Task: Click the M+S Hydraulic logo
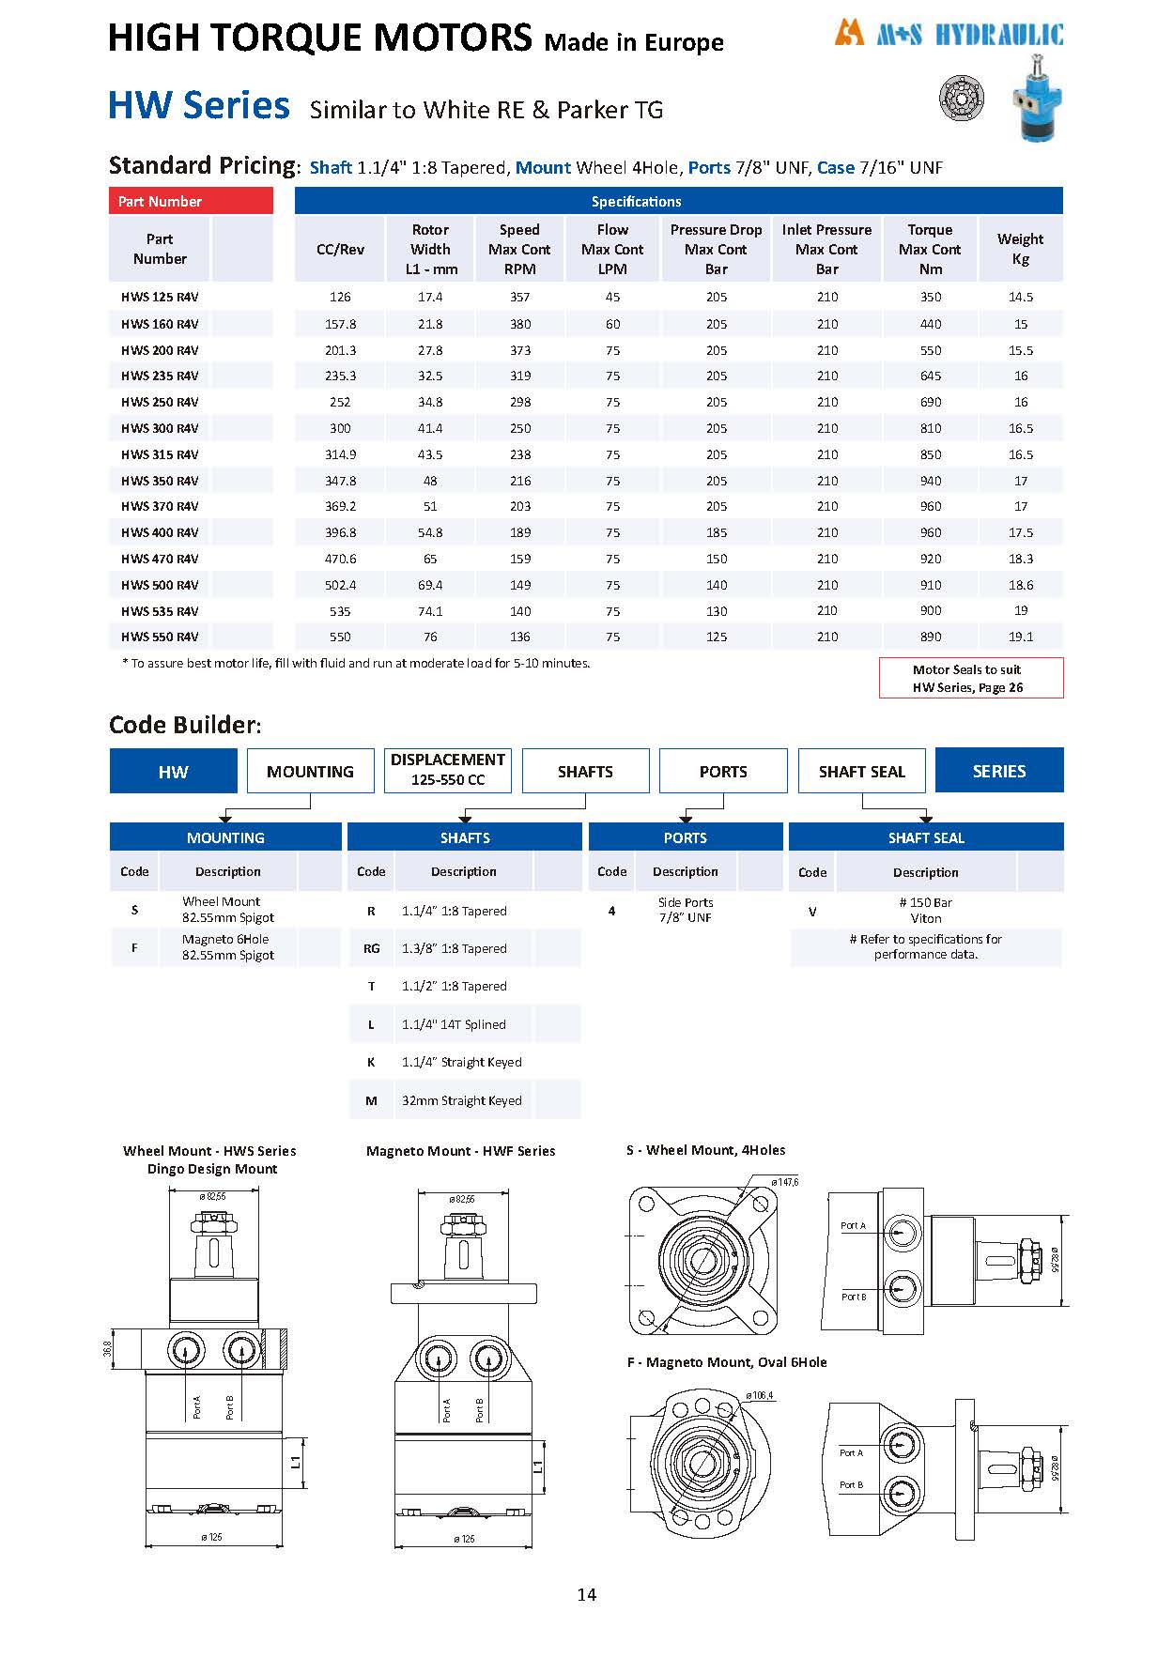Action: click(x=949, y=35)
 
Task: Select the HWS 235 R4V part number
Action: click(x=160, y=376)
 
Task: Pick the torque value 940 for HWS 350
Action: click(x=930, y=481)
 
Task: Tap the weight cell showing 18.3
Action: click(x=1020, y=559)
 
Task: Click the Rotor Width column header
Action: click(x=430, y=249)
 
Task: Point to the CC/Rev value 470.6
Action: click(x=340, y=559)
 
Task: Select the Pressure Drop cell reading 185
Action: click(x=717, y=532)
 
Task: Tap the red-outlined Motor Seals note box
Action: click(x=970, y=678)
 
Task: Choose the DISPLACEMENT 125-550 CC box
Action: click(x=448, y=770)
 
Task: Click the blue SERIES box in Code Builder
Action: click(x=999, y=771)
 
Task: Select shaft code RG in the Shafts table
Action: click(x=371, y=948)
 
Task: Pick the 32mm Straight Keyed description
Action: click(x=461, y=1100)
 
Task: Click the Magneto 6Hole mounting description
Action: click(x=227, y=946)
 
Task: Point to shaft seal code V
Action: click(x=812, y=911)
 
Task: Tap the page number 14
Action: click(x=586, y=1594)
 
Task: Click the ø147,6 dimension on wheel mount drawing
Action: click(x=784, y=1182)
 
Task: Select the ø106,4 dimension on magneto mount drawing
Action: click(x=759, y=1395)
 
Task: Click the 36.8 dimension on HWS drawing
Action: click(x=107, y=1348)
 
